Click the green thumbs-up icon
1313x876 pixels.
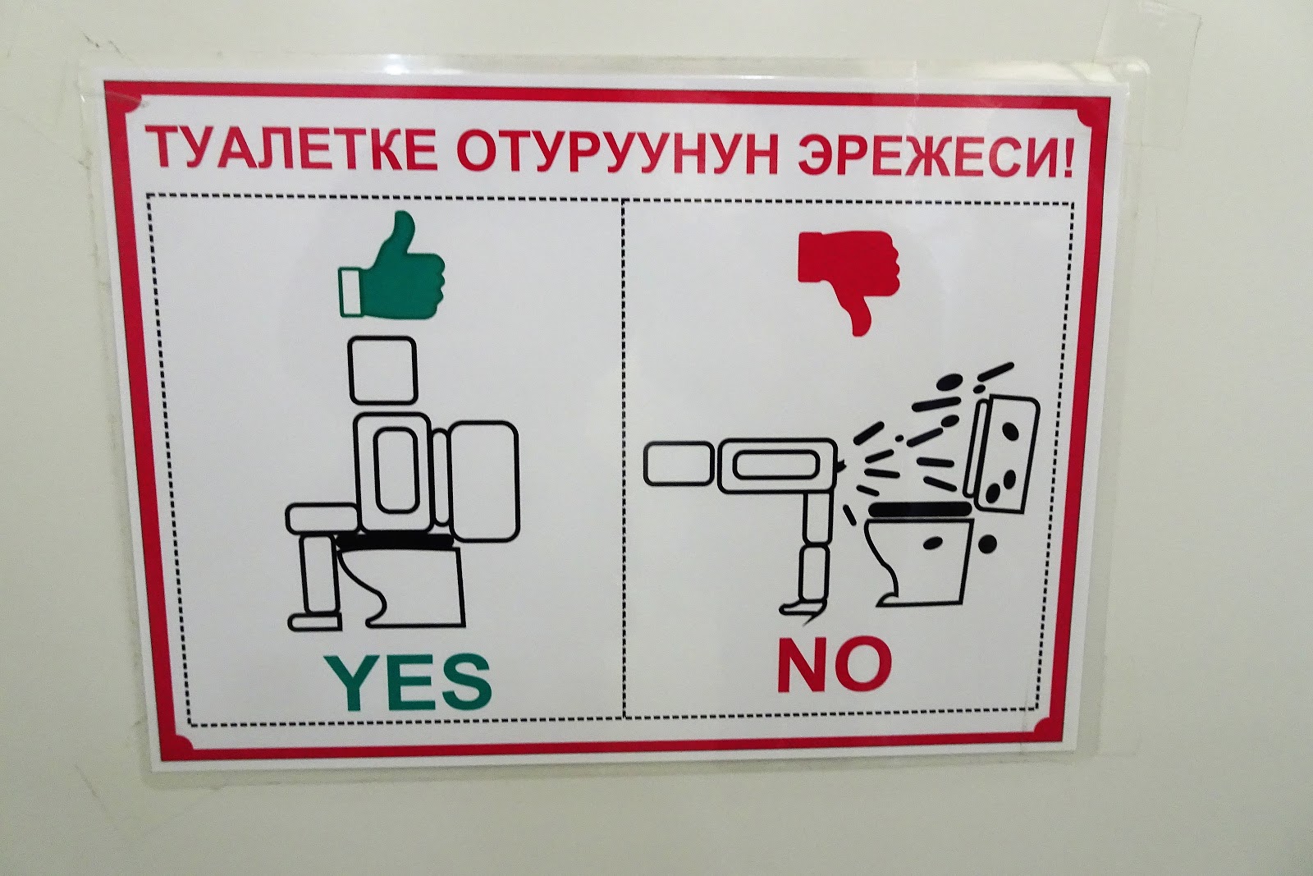tap(391, 266)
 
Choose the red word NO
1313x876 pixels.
tap(835, 666)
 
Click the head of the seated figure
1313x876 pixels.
tap(382, 370)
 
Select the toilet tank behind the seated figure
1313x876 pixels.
tap(483, 481)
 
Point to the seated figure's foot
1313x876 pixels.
tap(314, 621)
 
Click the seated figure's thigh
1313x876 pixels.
tap(322, 518)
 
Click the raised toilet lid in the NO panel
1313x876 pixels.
tap(1002, 454)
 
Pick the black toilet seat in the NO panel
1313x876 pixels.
tap(918, 509)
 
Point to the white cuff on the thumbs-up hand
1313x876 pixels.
tap(350, 292)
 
